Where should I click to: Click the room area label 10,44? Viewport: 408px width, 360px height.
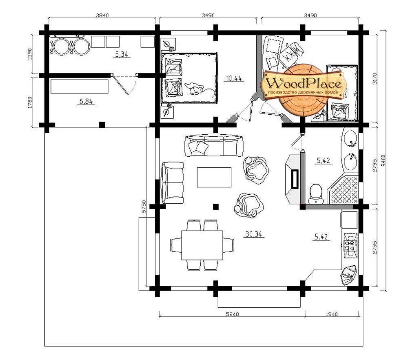(234, 78)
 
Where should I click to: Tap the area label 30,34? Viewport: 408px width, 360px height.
(254, 234)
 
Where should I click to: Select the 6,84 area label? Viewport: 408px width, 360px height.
(86, 101)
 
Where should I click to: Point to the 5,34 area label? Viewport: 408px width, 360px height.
(122, 54)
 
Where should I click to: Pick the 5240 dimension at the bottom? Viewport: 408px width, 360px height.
(232, 314)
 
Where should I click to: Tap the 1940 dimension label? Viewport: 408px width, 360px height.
(331, 314)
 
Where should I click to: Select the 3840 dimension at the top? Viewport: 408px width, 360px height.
(102, 15)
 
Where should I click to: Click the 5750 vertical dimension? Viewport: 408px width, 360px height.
(144, 207)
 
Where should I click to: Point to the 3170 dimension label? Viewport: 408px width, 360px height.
(375, 79)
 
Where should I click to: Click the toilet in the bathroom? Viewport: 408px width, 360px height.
(316, 194)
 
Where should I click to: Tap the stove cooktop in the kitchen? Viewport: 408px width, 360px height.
(350, 245)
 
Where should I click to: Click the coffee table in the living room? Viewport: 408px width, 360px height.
(214, 177)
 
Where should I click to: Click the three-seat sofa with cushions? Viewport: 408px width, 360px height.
(214, 145)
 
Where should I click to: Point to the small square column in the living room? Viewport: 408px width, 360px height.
(215, 207)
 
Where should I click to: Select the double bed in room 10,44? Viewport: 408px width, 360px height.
(189, 78)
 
